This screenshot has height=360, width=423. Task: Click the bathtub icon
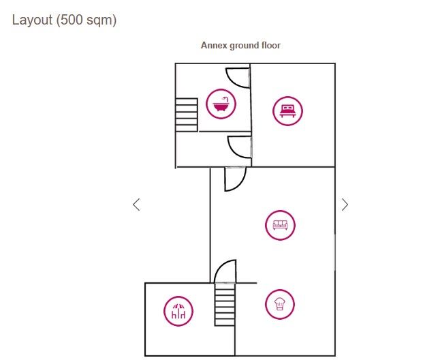click(x=220, y=104)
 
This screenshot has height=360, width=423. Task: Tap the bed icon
click(x=287, y=110)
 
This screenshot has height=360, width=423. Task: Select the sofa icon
click(x=280, y=224)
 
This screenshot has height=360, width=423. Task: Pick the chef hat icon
click(x=279, y=304)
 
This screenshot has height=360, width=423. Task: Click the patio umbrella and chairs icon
click(x=178, y=312)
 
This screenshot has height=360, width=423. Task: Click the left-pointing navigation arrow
click(x=136, y=204)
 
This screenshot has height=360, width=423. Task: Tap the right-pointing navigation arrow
click(x=345, y=204)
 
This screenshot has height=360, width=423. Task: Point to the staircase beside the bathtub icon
click(x=186, y=114)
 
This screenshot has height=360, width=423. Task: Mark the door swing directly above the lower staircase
click(x=225, y=271)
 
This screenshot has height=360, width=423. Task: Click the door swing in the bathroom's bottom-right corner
click(x=239, y=147)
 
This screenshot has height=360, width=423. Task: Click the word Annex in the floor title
click(x=214, y=46)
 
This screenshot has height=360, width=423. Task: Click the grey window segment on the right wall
click(x=334, y=252)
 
